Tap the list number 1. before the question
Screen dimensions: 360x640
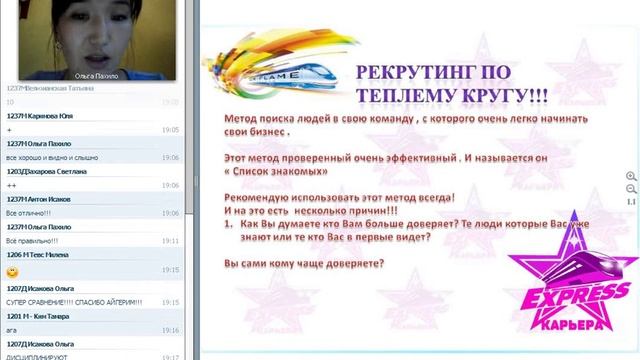pos(231,224)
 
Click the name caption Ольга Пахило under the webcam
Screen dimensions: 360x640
pos(96,75)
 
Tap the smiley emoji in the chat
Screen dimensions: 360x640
pos(13,270)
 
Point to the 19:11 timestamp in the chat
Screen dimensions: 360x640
pos(170,241)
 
